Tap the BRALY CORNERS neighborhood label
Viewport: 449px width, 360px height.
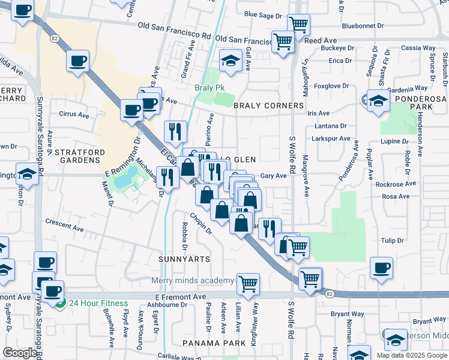268,106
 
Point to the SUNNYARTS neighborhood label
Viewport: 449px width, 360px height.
184,259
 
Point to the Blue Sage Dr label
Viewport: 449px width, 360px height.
263,14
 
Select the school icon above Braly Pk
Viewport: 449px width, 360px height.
230,60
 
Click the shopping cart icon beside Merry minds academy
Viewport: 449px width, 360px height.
248,283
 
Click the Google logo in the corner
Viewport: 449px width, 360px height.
20,353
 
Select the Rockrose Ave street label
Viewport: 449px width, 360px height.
393,184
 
